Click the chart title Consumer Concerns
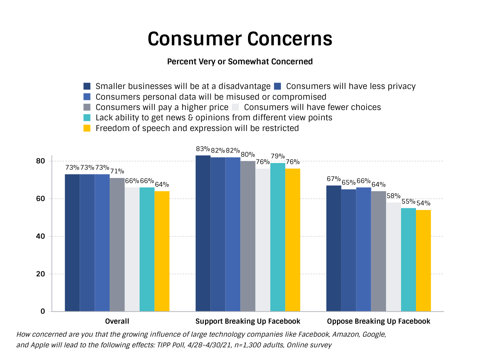240,39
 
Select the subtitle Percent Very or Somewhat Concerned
240,62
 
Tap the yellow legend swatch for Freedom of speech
87,128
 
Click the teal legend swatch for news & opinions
87,118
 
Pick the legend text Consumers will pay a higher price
162,107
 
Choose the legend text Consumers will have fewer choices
312,107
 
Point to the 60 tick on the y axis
40,199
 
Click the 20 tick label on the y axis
40,274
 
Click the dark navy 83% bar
203,233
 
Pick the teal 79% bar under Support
278,237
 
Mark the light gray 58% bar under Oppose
393,257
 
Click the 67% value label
334,179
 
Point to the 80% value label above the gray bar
248,155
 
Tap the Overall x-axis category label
117,321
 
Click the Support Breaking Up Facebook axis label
248,321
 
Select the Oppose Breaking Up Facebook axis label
379,321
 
